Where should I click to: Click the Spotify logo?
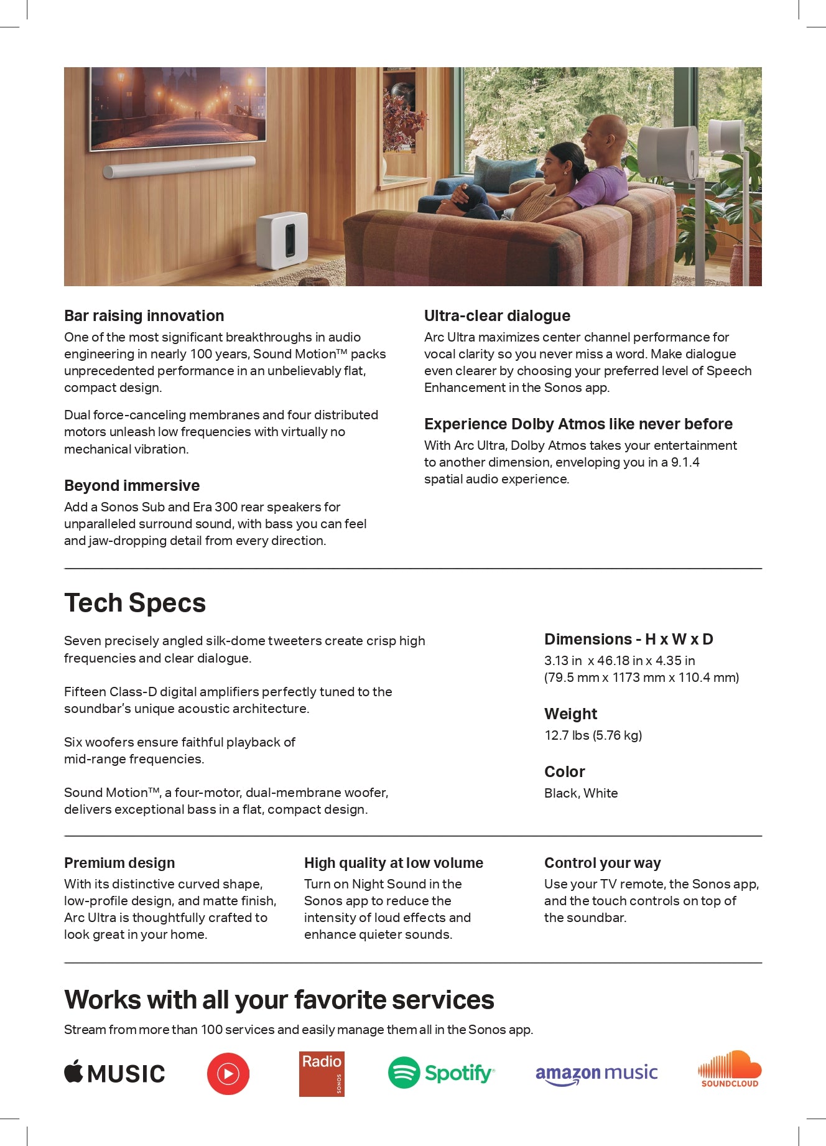click(x=441, y=1073)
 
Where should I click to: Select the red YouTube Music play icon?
click(x=228, y=1074)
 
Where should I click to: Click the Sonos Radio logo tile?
click(x=322, y=1074)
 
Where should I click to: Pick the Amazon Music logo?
click(x=596, y=1074)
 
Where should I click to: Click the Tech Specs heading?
click(x=135, y=603)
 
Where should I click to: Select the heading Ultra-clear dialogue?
click(x=497, y=315)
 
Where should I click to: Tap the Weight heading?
click(x=570, y=714)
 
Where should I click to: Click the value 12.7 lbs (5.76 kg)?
click(x=593, y=735)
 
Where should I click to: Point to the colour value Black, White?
click(x=581, y=793)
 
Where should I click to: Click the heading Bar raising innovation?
click(x=144, y=315)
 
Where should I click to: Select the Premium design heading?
click(x=119, y=863)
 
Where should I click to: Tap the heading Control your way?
click(x=602, y=863)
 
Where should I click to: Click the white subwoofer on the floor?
click(x=282, y=240)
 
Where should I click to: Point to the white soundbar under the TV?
click(x=179, y=167)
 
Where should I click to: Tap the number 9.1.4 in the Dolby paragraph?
click(x=685, y=462)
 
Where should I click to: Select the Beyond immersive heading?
click(x=132, y=485)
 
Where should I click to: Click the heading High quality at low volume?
click(x=393, y=863)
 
